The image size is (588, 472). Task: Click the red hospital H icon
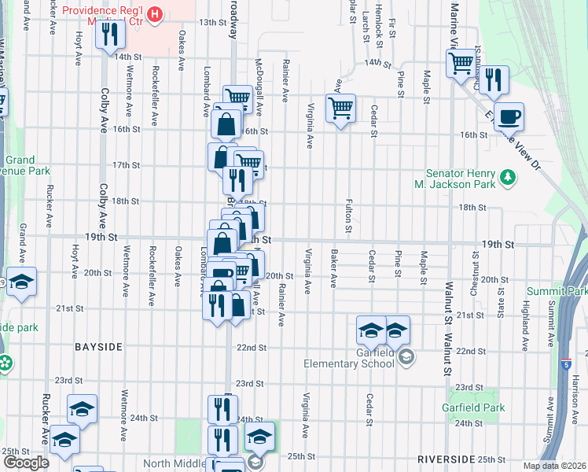click(156, 13)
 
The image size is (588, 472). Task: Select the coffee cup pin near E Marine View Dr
click(509, 116)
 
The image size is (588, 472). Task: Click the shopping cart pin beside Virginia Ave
click(340, 108)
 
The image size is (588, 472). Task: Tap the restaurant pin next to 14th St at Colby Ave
click(110, 34)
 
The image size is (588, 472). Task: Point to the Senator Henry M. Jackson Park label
click(461, 179)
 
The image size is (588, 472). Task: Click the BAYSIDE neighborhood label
click(98, 347)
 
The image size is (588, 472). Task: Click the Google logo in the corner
click(26, 463)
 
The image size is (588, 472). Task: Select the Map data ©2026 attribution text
click(553, 466)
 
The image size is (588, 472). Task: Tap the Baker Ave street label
click(334, 268)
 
